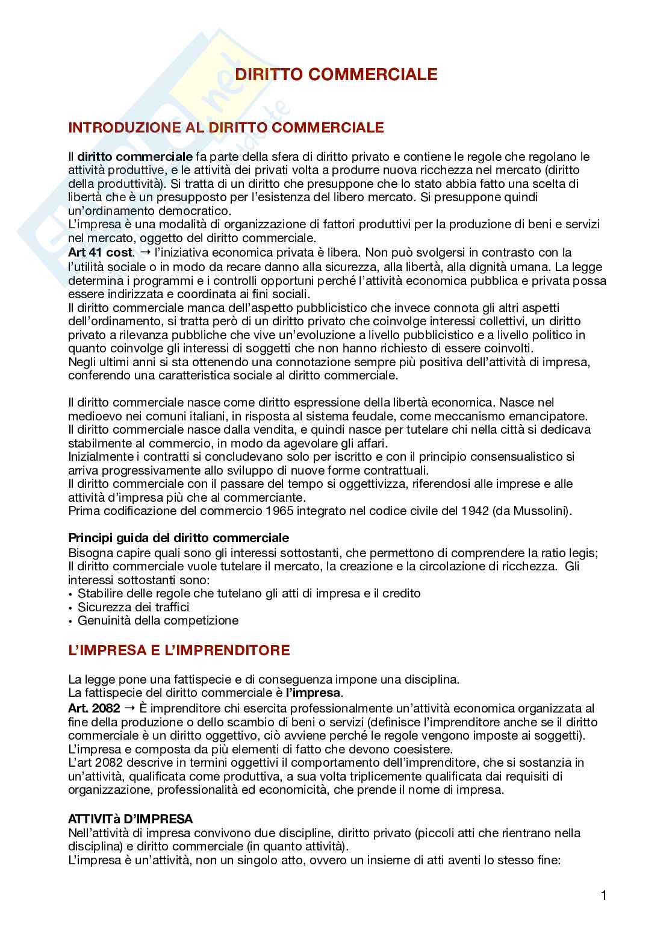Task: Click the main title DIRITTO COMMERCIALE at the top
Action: point(335,74)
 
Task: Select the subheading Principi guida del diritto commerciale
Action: point(179,538)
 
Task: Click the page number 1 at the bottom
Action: point(604,912)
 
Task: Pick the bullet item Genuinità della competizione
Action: point(158,621)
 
